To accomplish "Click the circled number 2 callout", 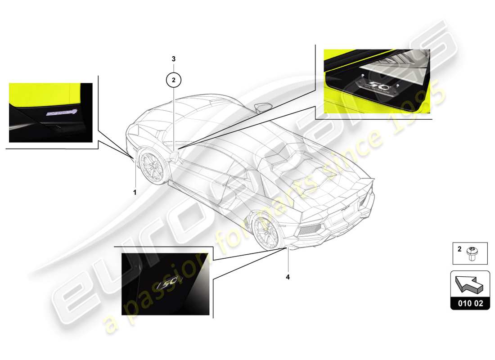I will tap(174, 80).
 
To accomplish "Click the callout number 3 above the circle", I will tap(174, 59).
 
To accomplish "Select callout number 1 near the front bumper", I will tap(135, 192).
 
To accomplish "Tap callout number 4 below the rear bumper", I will tap(288, 277).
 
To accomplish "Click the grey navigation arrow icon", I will tap(469, 285).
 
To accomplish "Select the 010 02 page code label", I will tap(470, 303).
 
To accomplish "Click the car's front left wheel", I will tap(153, 166).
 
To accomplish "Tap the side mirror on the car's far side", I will tap(262, 107).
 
